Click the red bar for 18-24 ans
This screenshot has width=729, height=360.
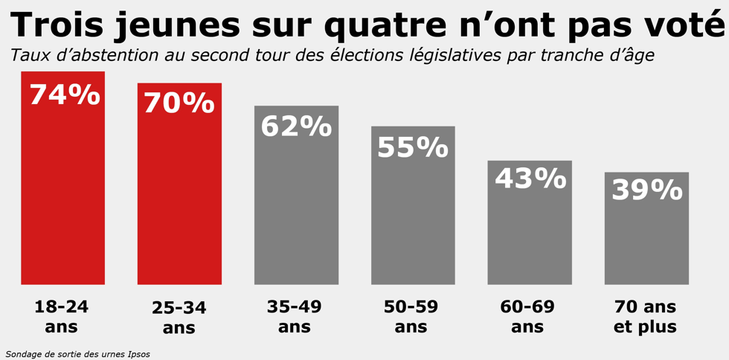point(62,193)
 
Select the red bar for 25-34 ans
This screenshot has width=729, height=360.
point(179,201)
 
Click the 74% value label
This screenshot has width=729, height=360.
point(64,95)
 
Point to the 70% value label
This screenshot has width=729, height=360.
point(179,103)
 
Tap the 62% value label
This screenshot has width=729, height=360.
point(296,126)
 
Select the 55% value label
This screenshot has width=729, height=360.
point(413,147)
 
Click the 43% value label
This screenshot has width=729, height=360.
point(530,179)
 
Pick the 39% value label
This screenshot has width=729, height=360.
point(646,190)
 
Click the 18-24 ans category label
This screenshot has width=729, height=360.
point(61,316)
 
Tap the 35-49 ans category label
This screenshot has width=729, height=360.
point(295,316)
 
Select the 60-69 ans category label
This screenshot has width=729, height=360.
point(527,316)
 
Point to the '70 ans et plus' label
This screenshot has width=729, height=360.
point(645,316)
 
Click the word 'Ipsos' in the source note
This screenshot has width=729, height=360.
point(138,354)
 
